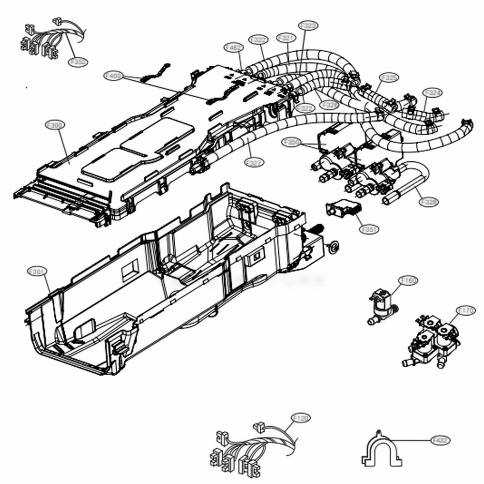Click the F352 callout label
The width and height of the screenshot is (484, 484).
78,62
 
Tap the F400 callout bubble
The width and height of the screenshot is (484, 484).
113,76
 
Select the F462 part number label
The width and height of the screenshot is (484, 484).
234,47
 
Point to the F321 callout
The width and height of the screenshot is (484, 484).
286,37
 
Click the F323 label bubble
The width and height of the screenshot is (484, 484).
308,25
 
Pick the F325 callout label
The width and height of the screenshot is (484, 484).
389,77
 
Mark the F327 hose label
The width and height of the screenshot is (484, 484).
255,163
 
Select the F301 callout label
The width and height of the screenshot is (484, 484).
37,272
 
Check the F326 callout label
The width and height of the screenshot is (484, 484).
329,104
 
